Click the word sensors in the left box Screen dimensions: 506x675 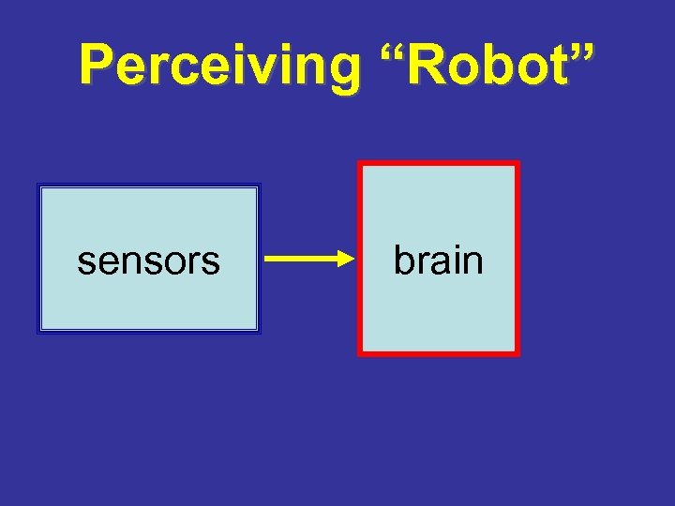pyautogui.click(x=148, y=260)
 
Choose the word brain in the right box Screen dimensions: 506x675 pyautogui.click(x=438, y=260)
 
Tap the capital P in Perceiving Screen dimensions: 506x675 pyautogui.click(x=96, y=66)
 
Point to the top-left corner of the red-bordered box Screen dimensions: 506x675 pyautogui.click(x=360, y=164)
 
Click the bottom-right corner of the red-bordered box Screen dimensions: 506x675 pyautogui.click(x=517, y=354)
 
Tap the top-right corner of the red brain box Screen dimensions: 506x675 pyautogui.click(x=517, y=164)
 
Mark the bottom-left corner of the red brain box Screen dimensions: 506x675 pyautogui.click(x=360, y=354)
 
